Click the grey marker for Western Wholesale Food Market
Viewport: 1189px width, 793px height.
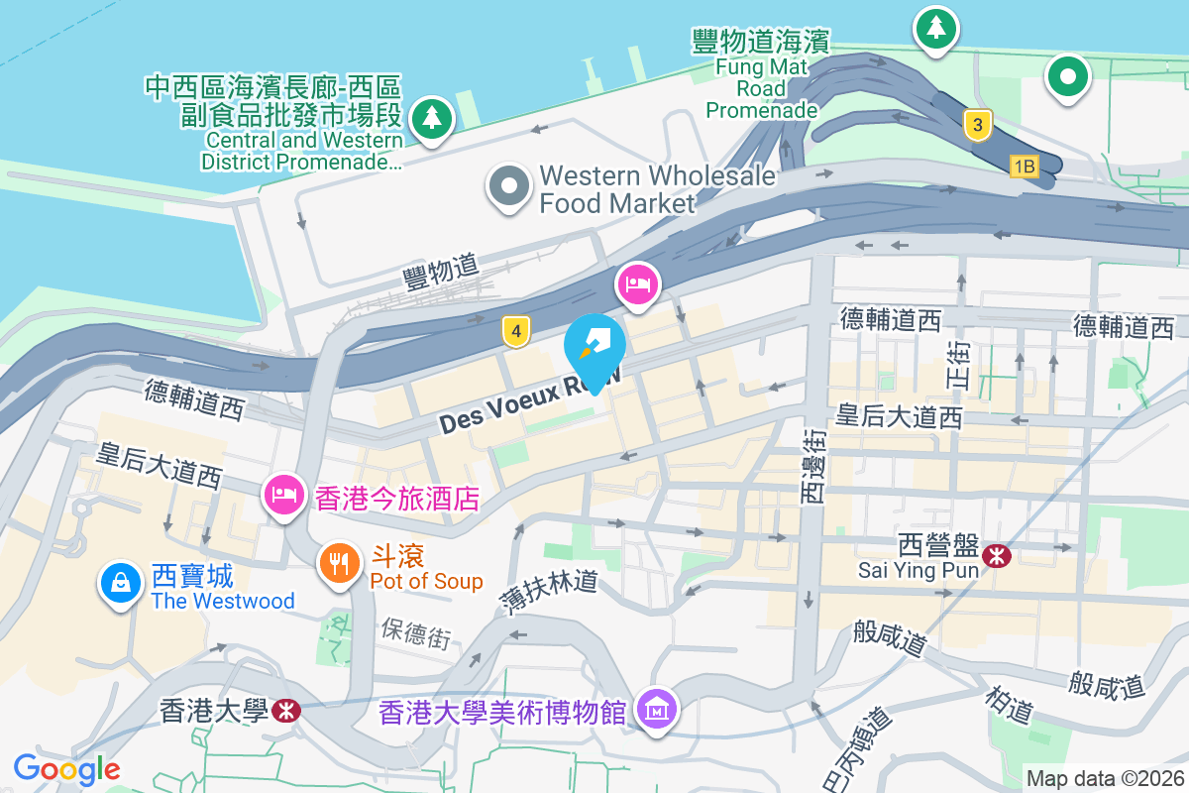pyautogui.click(x=509, y=185)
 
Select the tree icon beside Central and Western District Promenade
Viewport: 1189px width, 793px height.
pyautogui.click(x=431, y=118)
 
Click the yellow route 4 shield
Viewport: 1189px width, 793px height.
pyautogui.click(x=513, y=331)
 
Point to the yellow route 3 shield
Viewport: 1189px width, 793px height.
pyautogui.click(x=977, y=124)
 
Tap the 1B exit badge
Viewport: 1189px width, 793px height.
pyautogui.click(x=1024, y=167)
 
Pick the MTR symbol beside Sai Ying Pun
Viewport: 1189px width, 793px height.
pyautogui.click(x=995, y=559)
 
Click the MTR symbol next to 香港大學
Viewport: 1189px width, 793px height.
pyautogui.click(x=287, y=710)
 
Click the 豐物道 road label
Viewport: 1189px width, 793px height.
pyautogui.click(x=441, y=271)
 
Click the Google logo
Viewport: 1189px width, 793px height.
pyautogui.click(x=67, y=767)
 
